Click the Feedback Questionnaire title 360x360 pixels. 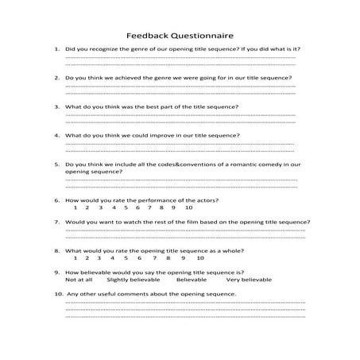click(179, 35)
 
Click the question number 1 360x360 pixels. click(56, 49)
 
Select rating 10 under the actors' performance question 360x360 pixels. click(188, 207)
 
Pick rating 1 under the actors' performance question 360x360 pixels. click(75, 207)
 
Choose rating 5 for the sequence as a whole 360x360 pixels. click(126, 257)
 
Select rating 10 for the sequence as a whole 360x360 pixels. click(200, 257)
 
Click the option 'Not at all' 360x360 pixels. click(79, 280)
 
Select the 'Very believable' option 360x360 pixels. click(249, 280)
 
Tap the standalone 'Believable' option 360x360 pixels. click(192, 280)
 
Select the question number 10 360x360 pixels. click(58, 294)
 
